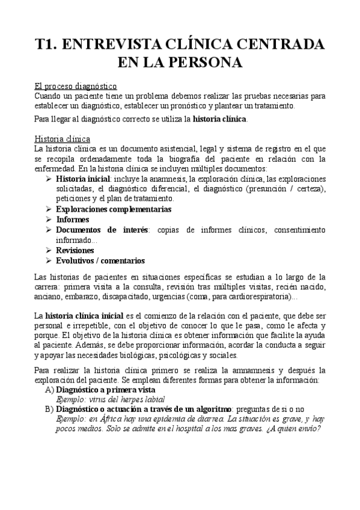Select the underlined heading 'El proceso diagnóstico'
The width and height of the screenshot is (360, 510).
75,86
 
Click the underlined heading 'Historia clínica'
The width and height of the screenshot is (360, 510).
63,138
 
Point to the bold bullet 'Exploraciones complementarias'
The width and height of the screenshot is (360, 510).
114,209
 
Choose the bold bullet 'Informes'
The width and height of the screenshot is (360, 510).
73,220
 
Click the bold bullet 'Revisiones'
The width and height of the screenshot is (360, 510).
75,250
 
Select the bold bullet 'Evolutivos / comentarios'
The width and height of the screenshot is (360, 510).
100,260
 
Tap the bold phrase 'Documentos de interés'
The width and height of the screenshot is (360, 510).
102,230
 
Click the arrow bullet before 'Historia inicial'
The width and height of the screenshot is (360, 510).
49,179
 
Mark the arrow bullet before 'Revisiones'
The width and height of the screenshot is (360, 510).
49,250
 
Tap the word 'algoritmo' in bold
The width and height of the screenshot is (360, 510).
201,409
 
